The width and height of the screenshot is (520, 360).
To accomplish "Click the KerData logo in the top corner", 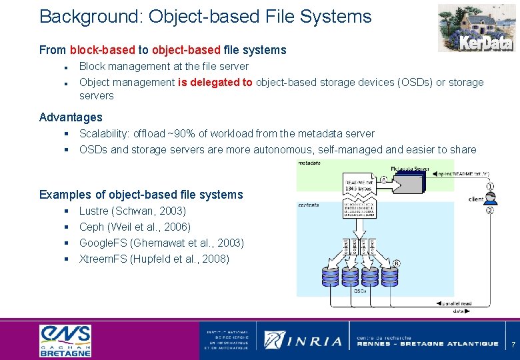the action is click(476, 28).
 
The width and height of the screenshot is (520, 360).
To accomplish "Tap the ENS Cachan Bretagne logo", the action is click(65, 340).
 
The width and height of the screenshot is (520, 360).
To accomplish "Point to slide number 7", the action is click(513, 344).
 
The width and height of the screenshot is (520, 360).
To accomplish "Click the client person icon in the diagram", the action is click(491, 198).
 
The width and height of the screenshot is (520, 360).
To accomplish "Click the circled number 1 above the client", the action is click(491, 186).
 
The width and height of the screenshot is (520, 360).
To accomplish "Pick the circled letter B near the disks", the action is click(397, 263).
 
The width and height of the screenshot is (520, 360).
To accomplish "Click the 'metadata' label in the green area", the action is click(309, 163).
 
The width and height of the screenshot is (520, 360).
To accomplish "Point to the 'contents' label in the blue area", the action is click(309, 205).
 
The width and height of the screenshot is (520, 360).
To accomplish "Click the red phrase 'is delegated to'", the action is click(215, 82).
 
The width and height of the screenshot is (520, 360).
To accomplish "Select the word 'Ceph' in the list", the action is click(92, 227).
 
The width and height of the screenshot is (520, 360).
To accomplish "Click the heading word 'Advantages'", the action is click(71, 117).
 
